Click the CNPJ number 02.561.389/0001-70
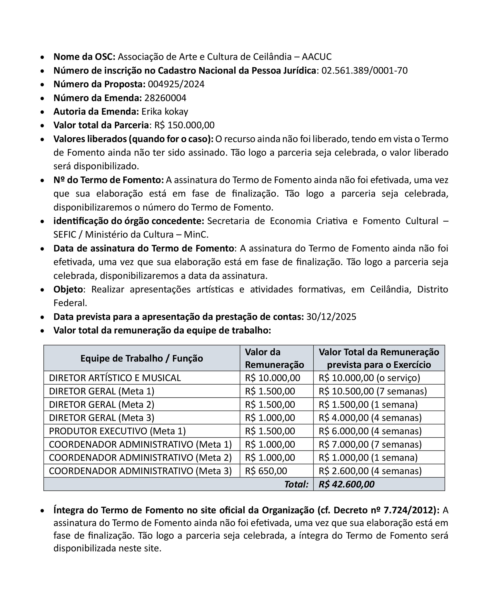tap(364, 71)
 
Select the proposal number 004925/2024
tap(176, 84)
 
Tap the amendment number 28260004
tap(165, 98)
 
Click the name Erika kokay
tap(165, 112)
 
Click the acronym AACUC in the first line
tap(317, 57)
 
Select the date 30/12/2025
tap(331, 317)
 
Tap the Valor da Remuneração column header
tap(274, 358)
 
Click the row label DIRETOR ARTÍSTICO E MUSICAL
tap(115, 378)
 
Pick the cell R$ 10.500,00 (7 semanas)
tap(372, 391)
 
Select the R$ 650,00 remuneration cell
tap(266, 471)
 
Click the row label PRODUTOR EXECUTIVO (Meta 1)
tap(117, 431)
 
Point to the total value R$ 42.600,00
tap(346, 484)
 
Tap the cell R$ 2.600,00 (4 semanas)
tap(370, 471)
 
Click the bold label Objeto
tap(68, 289)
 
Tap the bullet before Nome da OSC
tap(42, 57)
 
